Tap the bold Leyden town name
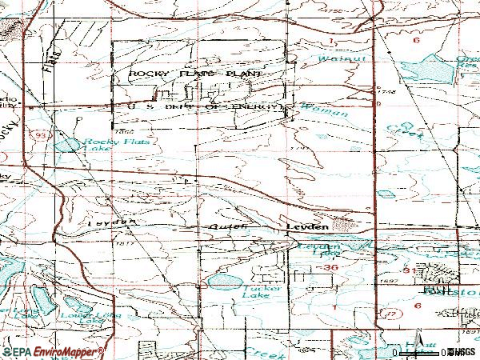(x=308, y=228)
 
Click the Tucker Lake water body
(x=223, y=282)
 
